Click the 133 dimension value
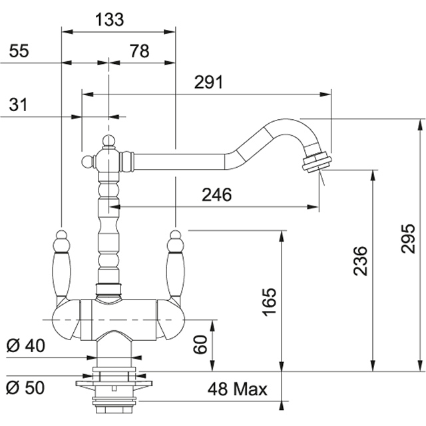(110, 20)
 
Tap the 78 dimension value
(139, 52)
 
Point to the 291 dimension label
(208, 83)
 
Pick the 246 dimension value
(217, 195)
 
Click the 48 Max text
(236, 389)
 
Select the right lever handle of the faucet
(175, 266)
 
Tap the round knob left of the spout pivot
(87, 162)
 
